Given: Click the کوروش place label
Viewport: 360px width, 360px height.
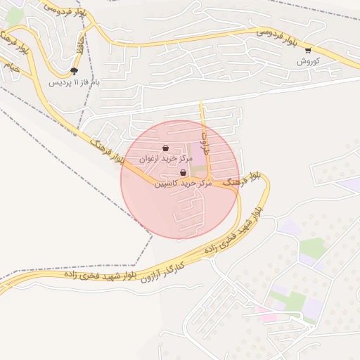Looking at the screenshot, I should (x=308, y=61).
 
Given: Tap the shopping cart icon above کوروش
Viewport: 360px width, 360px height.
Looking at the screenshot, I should (x=308, y=51).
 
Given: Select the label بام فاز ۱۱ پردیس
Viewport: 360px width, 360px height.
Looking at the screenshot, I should (x=75, y=82).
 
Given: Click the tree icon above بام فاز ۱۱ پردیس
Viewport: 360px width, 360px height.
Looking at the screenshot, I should (x=75, y=71).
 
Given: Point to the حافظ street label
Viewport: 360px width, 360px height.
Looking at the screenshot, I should (x=79, y=46).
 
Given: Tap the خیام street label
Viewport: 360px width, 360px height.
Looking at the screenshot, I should (x=12, y=69).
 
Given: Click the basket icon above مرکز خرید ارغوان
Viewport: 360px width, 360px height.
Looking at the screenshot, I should (x=165, y=148).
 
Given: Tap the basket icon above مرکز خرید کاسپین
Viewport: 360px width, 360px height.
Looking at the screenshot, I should (x=184, y=173).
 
